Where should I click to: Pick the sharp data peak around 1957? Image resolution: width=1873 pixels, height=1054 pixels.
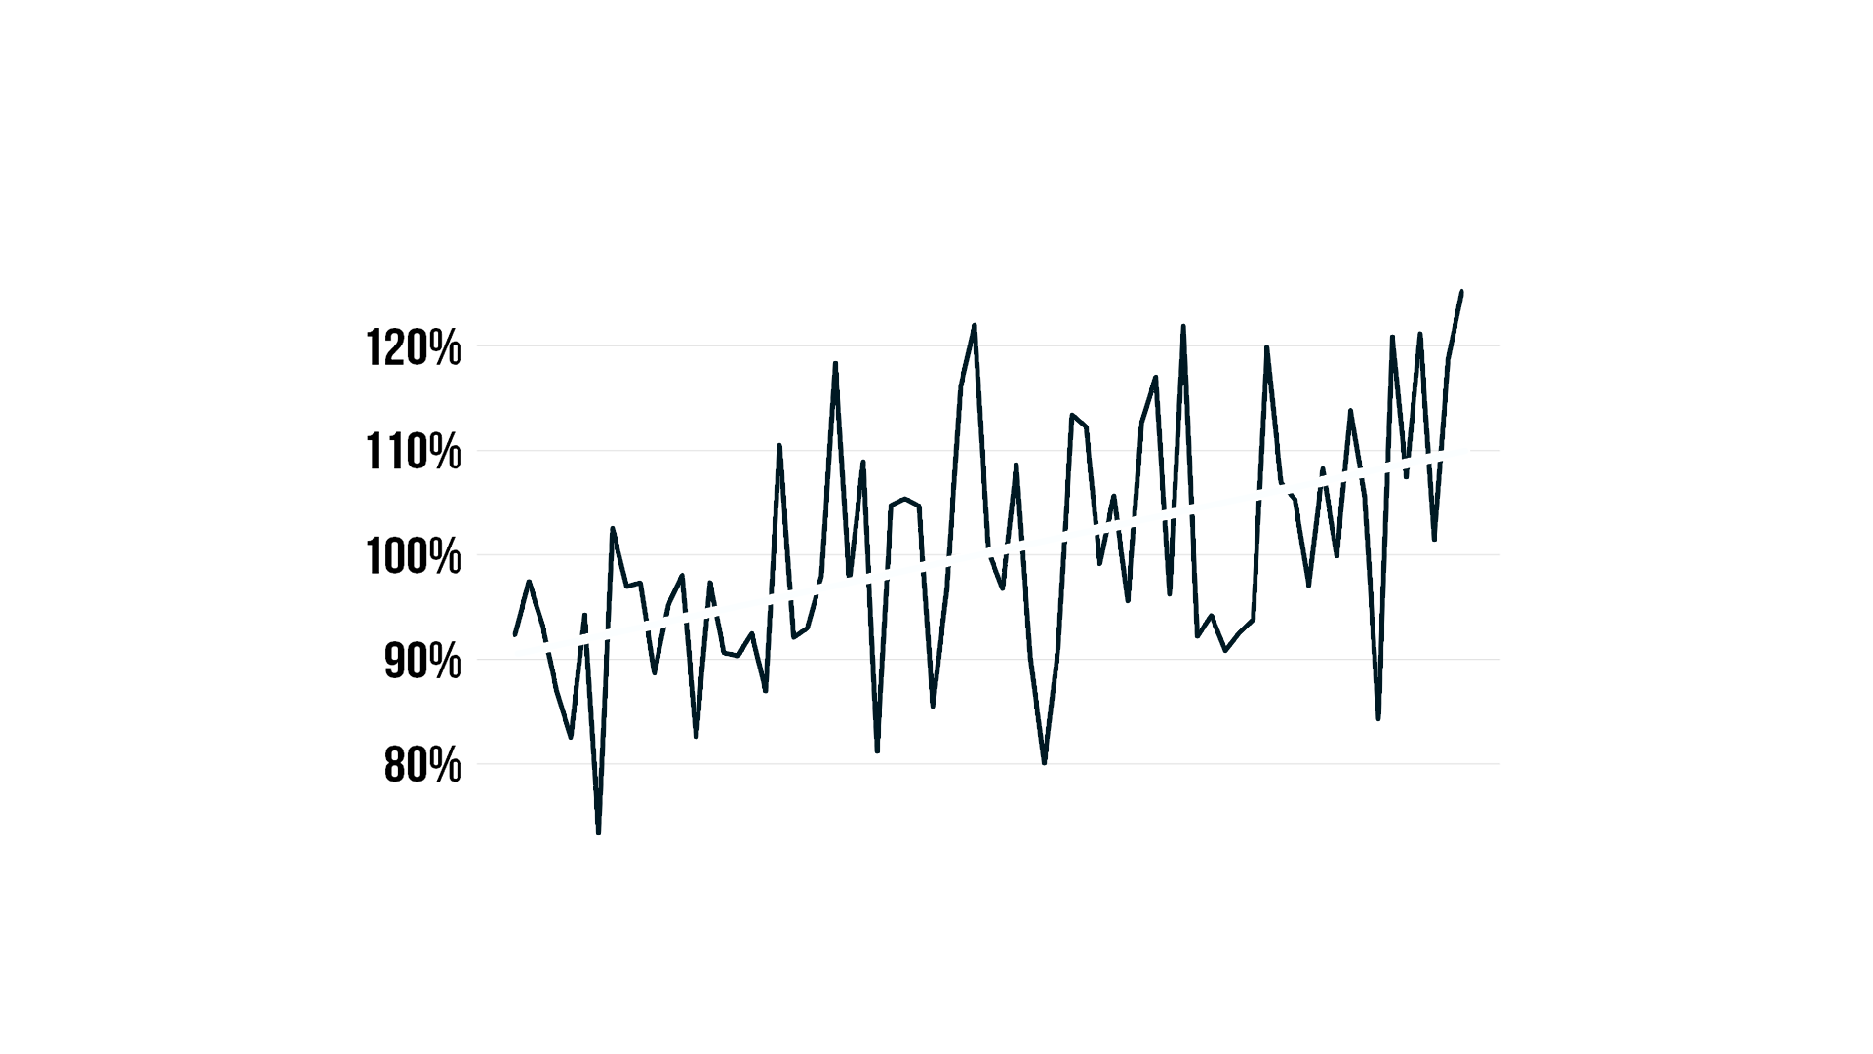coord(613,529)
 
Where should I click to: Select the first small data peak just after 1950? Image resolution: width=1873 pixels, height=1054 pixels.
coord(529,582)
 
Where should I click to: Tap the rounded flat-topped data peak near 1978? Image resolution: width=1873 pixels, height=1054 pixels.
coord(906,500)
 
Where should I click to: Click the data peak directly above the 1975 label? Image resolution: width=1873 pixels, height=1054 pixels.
coord(862,462)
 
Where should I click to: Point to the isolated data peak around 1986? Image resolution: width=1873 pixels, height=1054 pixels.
coord(1016,465)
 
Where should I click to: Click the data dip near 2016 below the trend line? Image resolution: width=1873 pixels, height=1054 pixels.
coord(1434,538)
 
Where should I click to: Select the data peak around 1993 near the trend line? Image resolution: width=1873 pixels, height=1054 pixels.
coord(1113,497)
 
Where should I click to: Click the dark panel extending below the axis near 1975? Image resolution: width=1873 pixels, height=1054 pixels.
coord(756,800)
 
